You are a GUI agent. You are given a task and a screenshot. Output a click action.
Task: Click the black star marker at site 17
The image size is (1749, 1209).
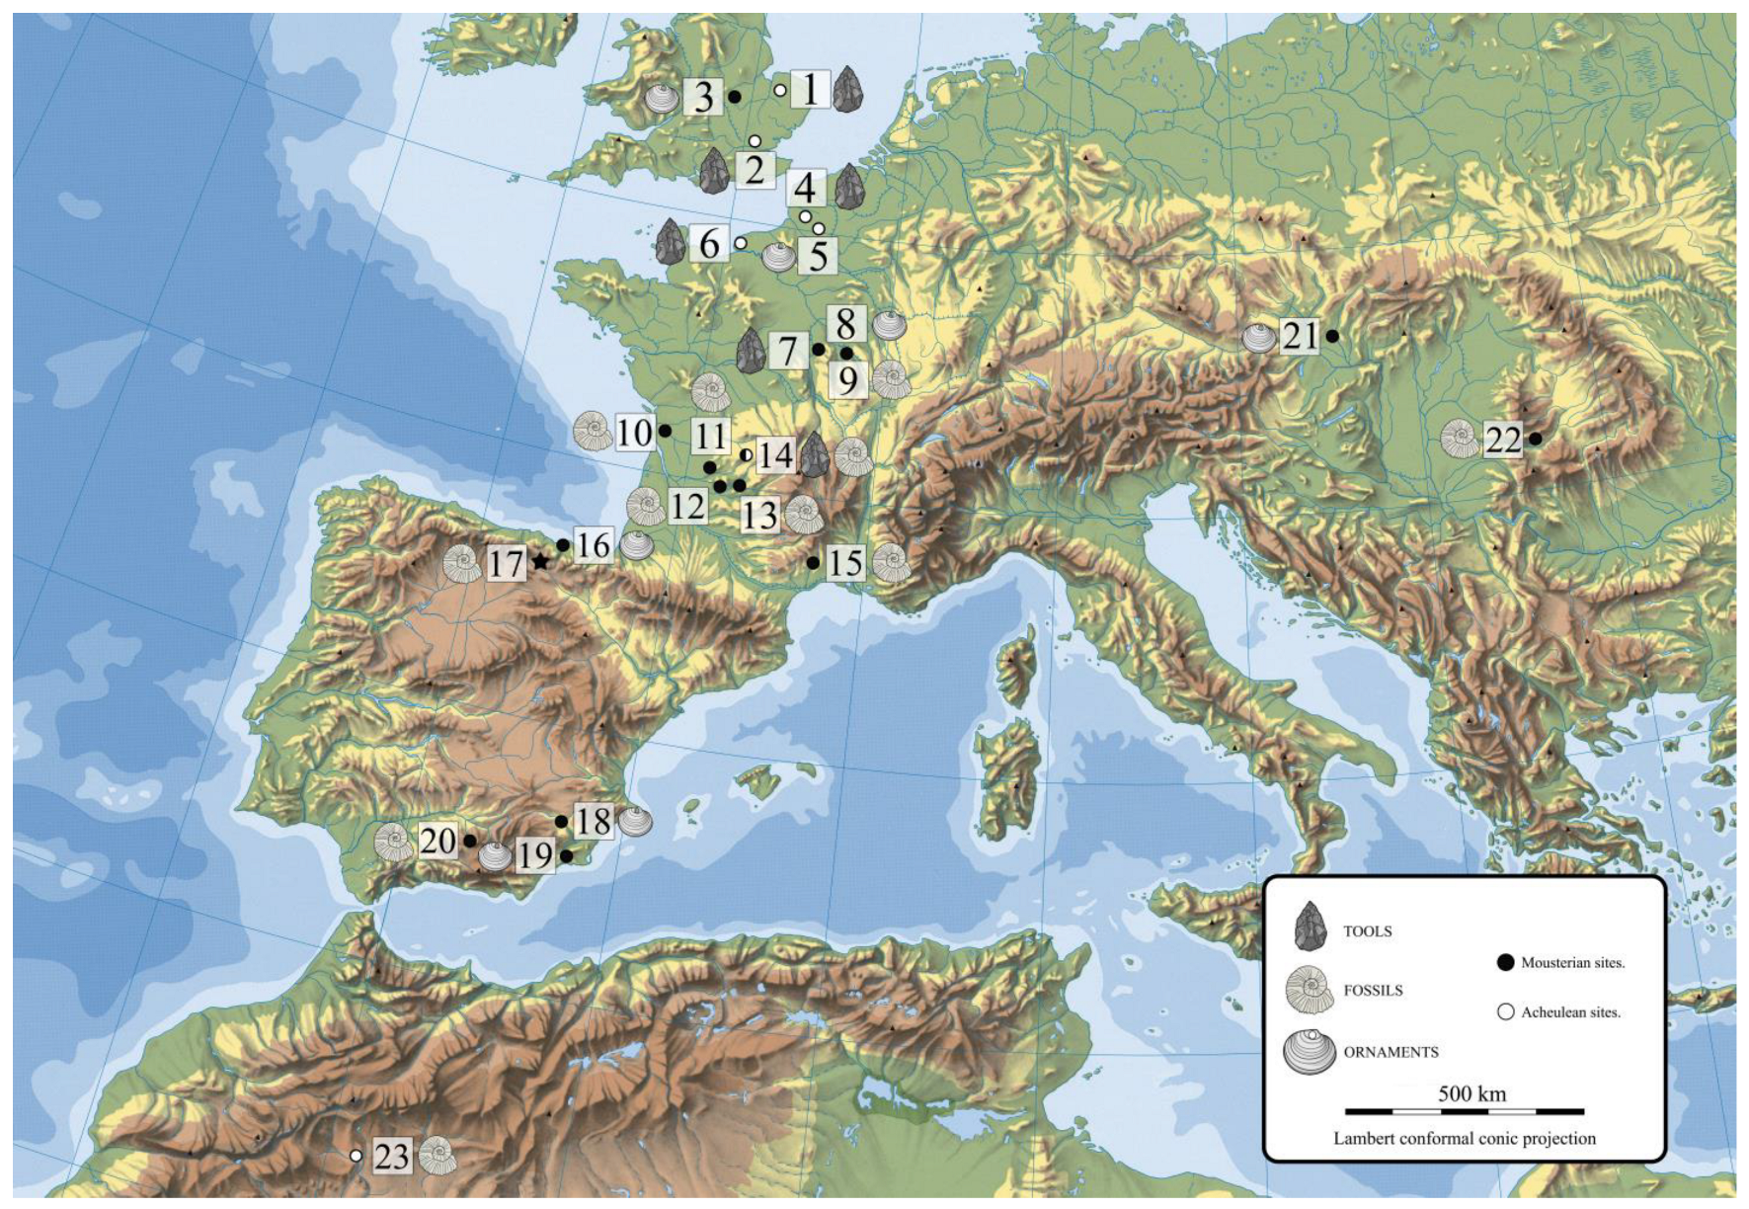point(540,561)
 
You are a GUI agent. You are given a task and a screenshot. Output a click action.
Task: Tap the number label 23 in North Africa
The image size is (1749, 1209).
point(392,1156)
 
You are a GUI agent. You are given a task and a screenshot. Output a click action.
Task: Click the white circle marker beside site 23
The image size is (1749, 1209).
point(356,1156)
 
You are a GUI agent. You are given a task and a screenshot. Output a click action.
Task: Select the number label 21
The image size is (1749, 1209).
point(1299,337)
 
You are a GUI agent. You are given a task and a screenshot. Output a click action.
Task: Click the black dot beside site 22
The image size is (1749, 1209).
point(1536,439)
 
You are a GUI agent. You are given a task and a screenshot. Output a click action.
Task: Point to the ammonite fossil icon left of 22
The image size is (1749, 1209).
point(1460,439)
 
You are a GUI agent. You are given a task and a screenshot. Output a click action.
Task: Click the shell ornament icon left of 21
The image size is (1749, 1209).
point(1258,338)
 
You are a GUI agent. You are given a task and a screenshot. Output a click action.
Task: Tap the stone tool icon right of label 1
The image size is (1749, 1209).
point(847,89)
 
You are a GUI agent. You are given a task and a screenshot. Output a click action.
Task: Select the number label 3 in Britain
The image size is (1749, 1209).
point(703,98)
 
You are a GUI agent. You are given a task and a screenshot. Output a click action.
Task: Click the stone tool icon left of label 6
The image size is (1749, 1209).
point(671,241)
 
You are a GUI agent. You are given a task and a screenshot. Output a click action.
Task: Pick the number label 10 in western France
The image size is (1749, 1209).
point(635,433)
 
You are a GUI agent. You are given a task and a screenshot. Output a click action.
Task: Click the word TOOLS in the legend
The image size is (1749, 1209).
point(1367,931)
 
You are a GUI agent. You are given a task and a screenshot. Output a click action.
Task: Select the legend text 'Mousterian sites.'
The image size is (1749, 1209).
point(1572,962)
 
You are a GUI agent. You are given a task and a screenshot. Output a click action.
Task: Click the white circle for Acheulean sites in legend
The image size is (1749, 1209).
point(1506,1011)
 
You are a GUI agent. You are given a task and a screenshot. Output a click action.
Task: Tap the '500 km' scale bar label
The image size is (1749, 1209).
point(1471,1093)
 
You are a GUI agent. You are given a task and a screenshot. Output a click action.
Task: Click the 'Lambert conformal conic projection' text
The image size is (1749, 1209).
point(1464,1138)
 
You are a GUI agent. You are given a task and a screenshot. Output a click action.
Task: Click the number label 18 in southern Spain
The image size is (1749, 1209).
point(593,821)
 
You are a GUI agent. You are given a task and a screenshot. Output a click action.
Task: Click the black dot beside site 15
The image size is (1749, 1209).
point(812,563)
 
